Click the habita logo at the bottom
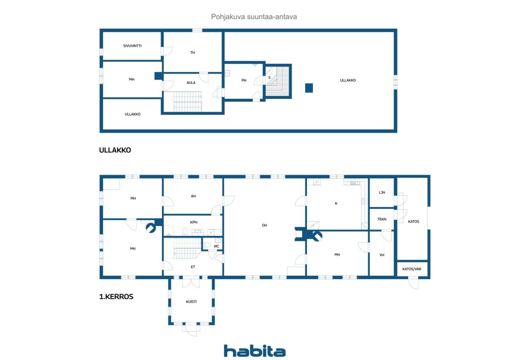(x=254, y=351)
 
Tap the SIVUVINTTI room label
(x=132, y=46)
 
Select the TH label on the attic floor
(x=192, y=53)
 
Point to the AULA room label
(x=191, y=83)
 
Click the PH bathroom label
(x=244, y=80)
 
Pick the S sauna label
(x=270, y=78)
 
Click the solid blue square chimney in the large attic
(x=309, y=88)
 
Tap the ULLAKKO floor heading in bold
(x=115, y=150)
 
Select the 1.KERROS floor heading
(x=116, y=297)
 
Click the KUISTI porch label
(x=191, y=302)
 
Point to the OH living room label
(x=264, y=225)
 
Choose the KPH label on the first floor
(x=194, y=222)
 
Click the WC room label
(x=216, y=246)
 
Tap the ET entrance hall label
(x=193, y=267)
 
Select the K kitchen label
(x=336, y=203)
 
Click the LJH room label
(x=382, y=193)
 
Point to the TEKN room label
(x=382, y=219)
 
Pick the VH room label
(x=382, y=255)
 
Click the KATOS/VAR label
(x=412, y=269)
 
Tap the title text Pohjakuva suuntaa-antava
(x=254, y=17)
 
